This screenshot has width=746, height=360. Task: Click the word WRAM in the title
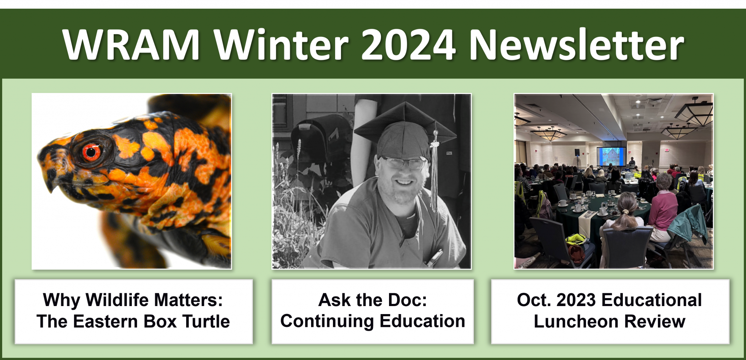[x=131, y=44]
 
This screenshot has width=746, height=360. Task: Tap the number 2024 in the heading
[x=408, y=44]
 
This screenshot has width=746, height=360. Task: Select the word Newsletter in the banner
[x=577, y=44]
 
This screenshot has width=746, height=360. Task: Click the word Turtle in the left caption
[x=206, y=321]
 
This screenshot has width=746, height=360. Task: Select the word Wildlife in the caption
[x=118, y=300]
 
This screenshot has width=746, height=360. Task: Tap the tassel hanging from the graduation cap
[x=434, y=171]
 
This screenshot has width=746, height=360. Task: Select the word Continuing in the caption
[x=327, y=322]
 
